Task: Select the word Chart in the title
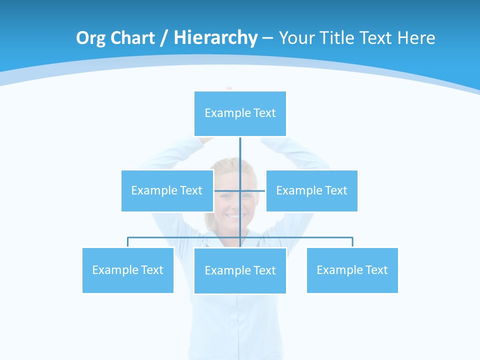pyautogui.click(x=132, y=38)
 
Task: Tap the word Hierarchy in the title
pyautogui.click(x=215, y=38)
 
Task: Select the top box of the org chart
pyautogui.click(x=240, y=113)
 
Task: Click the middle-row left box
pyautogui.click(x=167, y=190)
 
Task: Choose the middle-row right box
pyautogui.click(x=311, y=190)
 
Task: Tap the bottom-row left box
pyautogui.click(x=127, y=270)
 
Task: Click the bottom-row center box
pyautogui.click(x=240, y=270)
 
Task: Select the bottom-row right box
pyautogui.click(x=352, y=270)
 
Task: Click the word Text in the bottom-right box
pyautogui.click(x=376, y=270)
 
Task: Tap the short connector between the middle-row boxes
pyautogui.click(x=227, y=190)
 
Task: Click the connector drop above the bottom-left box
pyautogui.click(x=128, y=242)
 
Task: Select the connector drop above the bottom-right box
pyautogui.click(x=352, y=242)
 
